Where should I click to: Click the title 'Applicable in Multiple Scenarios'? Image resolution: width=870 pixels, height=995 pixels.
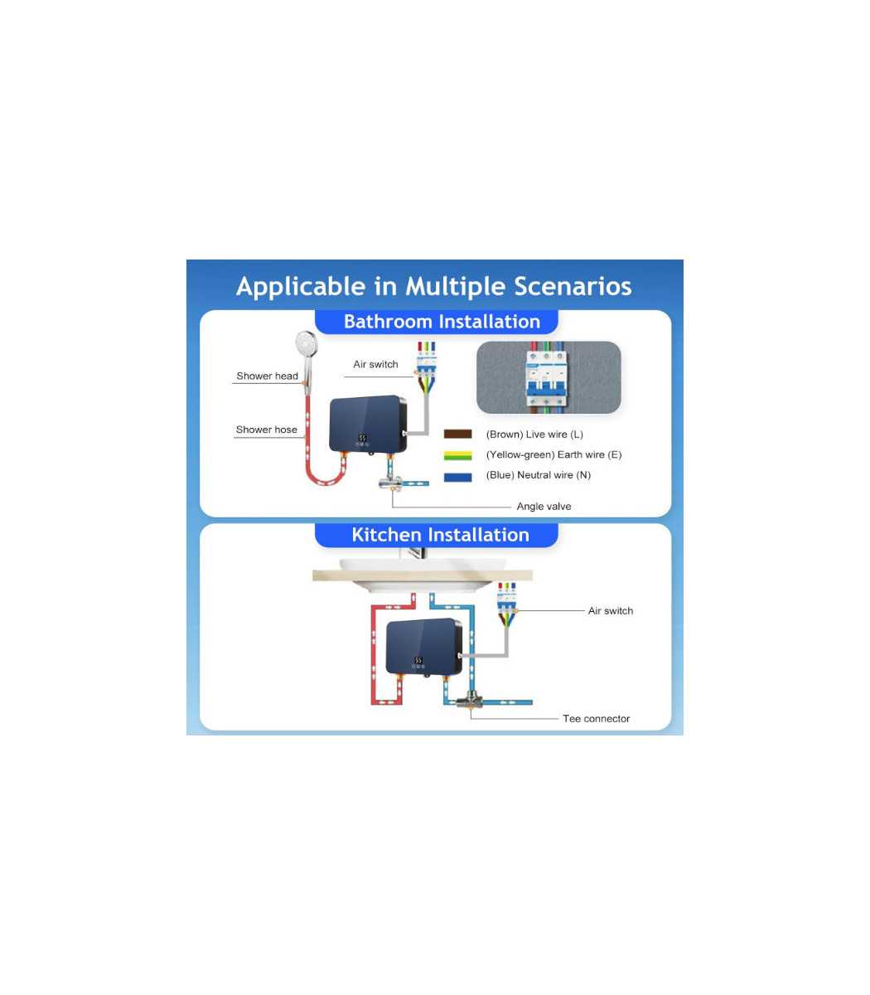pyautogui.click(x=433, y=286)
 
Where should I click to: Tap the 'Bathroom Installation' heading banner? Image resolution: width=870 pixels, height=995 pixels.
pyautogui.click(x=437, y=322)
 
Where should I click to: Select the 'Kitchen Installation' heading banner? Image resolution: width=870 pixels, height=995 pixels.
pyautogui.click(x=437, y=535)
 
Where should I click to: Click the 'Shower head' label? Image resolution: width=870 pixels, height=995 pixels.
pyautogui.click(x=267, y=376)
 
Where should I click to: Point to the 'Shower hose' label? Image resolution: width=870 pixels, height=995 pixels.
pyautogui.click(x=266, y=430)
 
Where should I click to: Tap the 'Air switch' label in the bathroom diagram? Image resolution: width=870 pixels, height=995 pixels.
pyautogui.click(x=375, y=364)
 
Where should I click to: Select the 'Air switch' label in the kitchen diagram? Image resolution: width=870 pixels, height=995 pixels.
pyautogui.click(x=611, y=611)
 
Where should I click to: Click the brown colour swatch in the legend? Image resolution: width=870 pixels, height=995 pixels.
pyautogui.click(x=457, y=434)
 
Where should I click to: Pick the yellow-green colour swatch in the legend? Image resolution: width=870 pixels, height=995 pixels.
pyautogui.click(x=457, y=455)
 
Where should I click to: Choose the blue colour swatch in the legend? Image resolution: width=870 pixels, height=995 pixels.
pyautogui.click(x=457, y=477)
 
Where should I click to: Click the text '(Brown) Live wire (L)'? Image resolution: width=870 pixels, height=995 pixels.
pyautogui.click(x=534, y=434)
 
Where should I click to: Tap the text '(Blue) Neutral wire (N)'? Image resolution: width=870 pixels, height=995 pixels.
pyautogui.click(x=538, y=475)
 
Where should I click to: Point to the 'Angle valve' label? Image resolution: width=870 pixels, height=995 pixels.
pyautogui.click(x=544, y=507)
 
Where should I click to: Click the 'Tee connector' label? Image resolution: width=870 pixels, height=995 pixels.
pyautogui.click(x=596, y=719)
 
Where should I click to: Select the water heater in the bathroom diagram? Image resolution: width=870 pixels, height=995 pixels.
pyautogui.click(x=368, y=424)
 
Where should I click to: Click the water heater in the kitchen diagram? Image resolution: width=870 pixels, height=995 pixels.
pyautogui.click(x=424, y=647)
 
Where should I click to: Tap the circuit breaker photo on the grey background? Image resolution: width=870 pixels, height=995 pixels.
pyautogui.click(x=549, y=377)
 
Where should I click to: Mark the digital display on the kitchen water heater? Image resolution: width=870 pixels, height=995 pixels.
pyautogui.click(x=418, y=660)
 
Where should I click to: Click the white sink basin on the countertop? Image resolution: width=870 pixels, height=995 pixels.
pyautogui.click(x=422, y=575)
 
